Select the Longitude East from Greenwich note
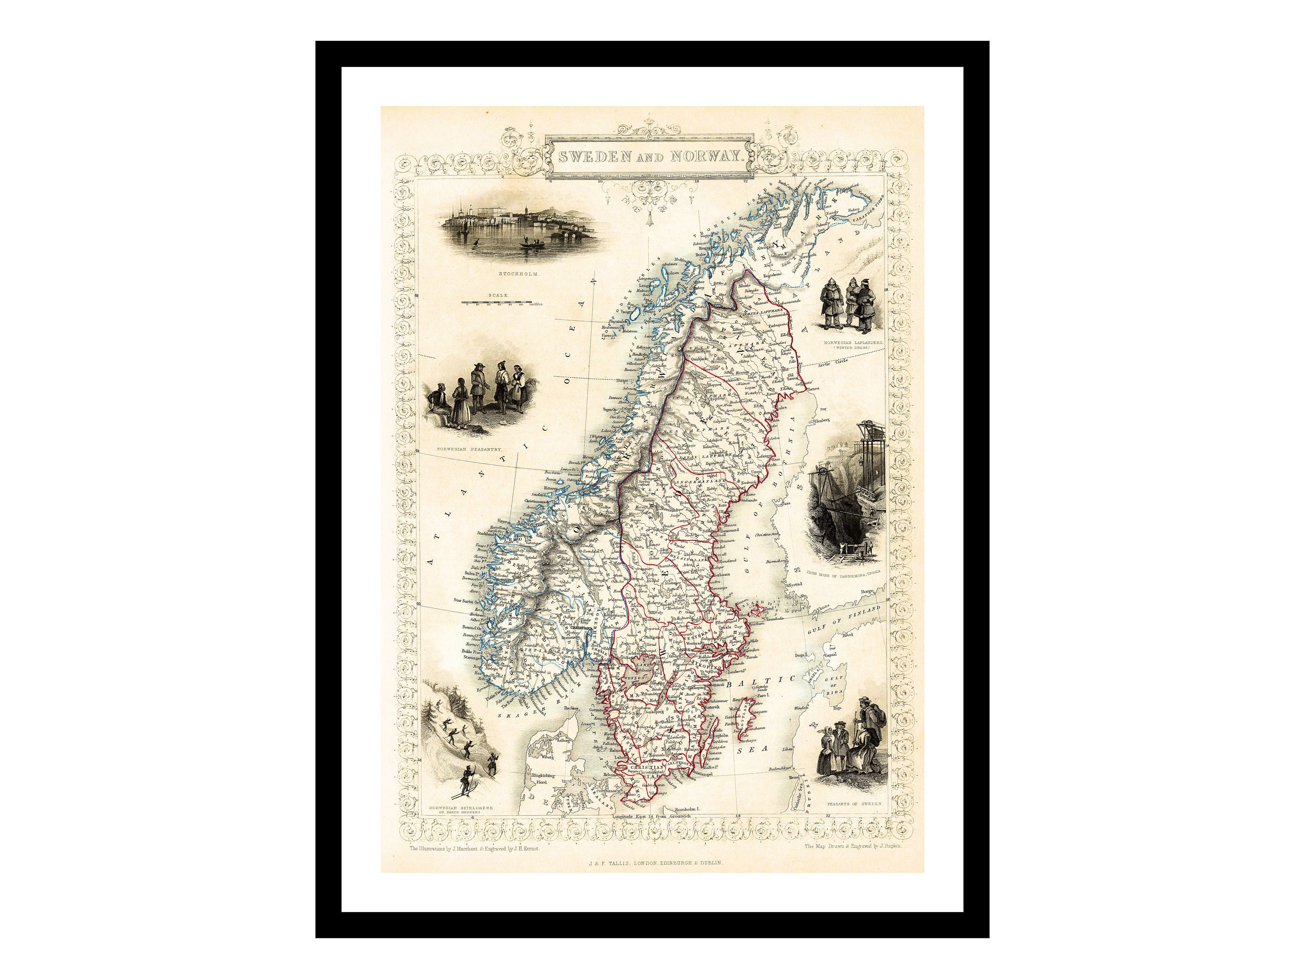[x=652, y=816]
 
